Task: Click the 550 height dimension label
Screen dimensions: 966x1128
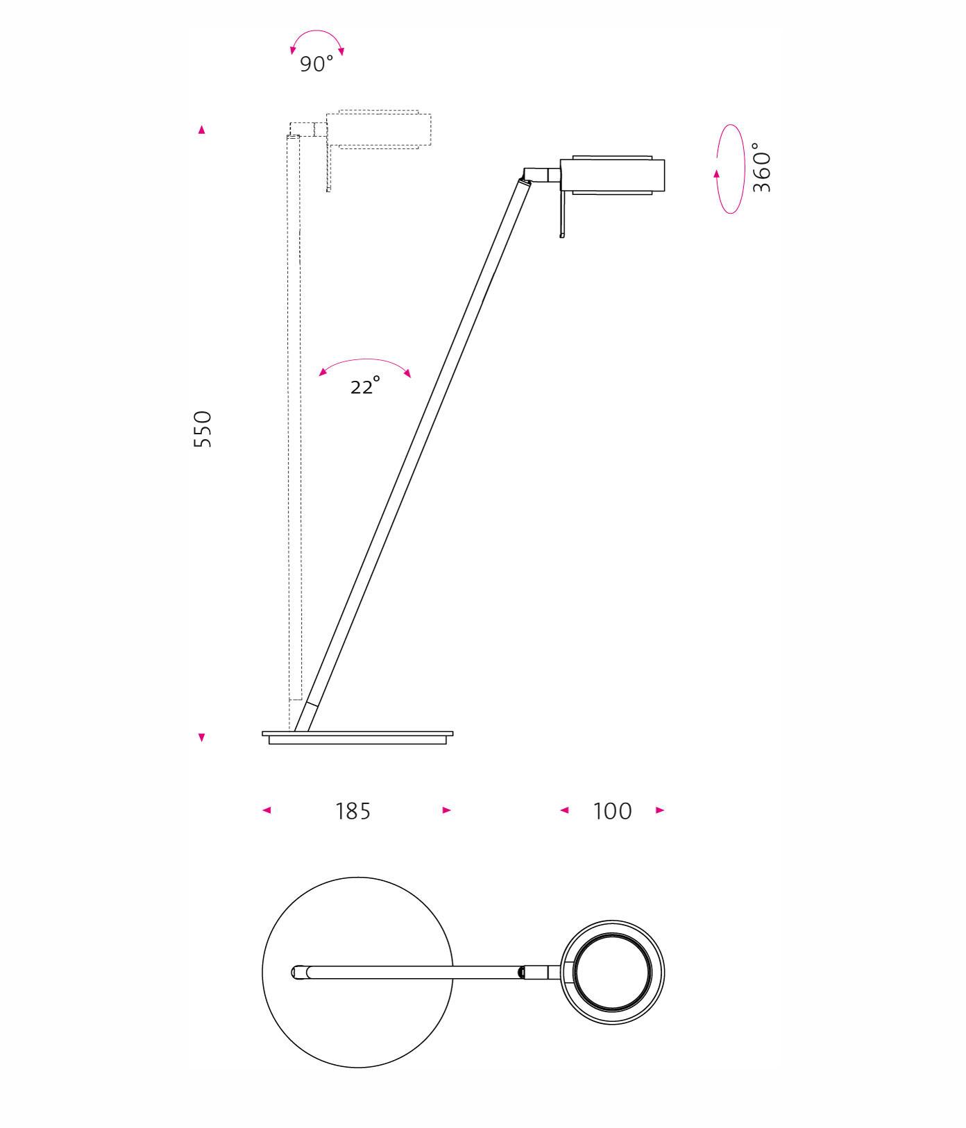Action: coord(202,429)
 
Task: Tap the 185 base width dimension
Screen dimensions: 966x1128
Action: coord(353,810)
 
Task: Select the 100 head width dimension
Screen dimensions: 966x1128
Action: coord(613,810)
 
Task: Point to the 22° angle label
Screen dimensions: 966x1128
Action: coord(365,385)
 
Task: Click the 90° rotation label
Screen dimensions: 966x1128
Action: coord(316,64)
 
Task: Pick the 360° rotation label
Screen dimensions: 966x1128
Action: coord(762,167)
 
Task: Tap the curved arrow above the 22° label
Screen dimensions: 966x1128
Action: coord(365,360)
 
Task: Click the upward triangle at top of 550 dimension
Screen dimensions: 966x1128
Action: coord(202,130)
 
